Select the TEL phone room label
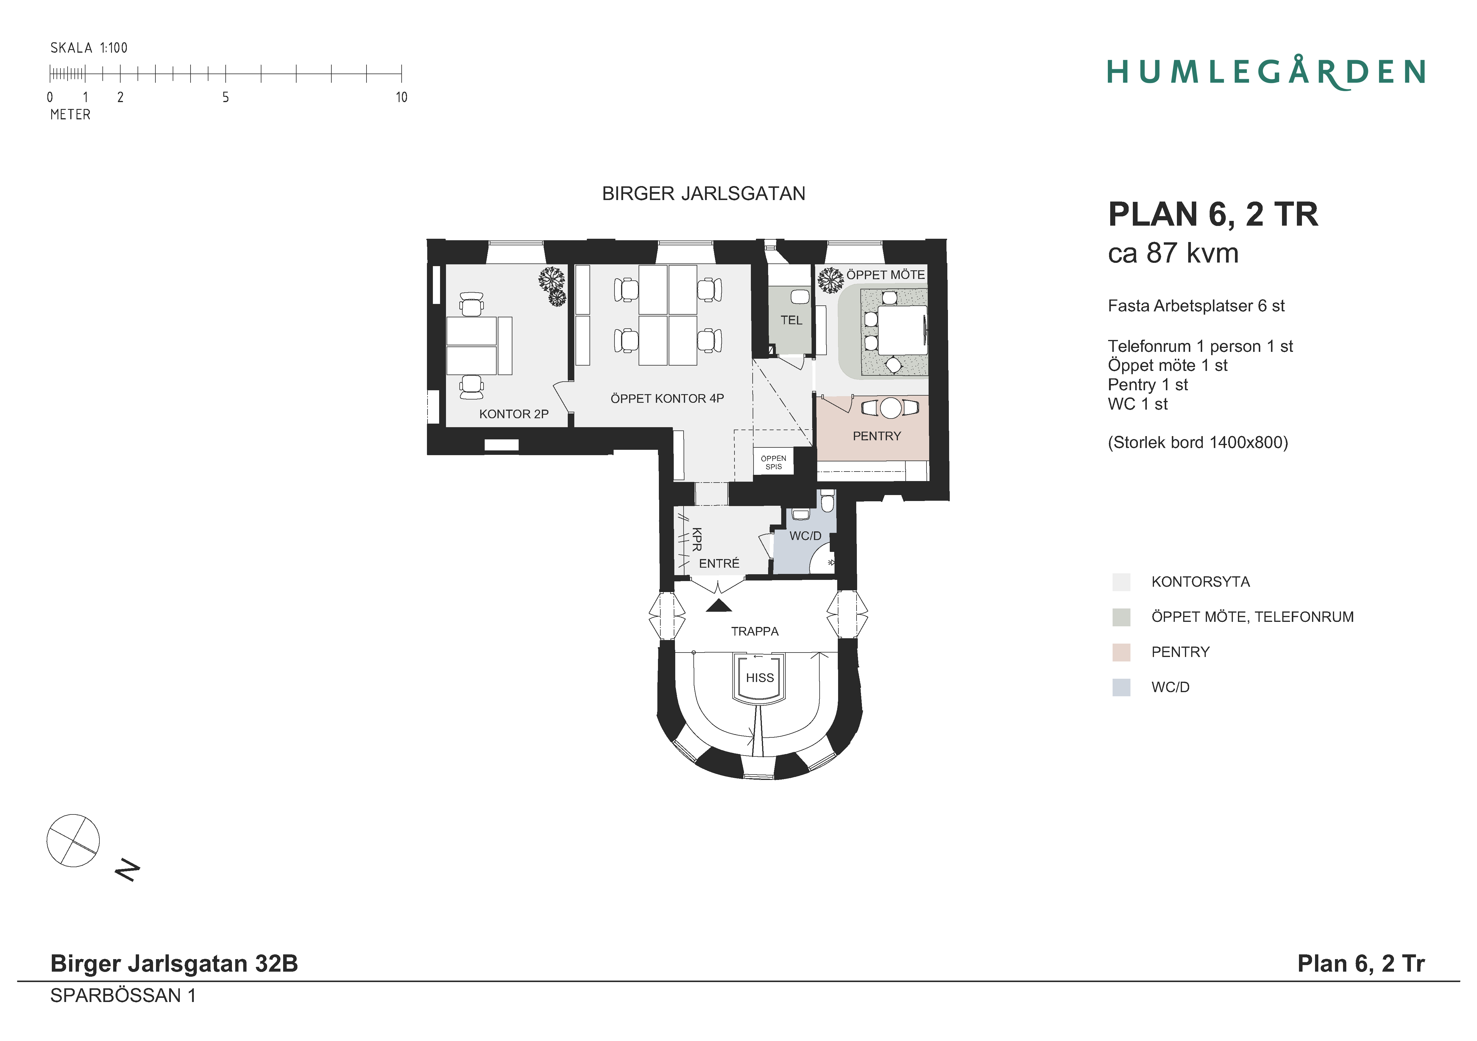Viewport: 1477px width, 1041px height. pos(791,320)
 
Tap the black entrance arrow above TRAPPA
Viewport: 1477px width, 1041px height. pos(719,605)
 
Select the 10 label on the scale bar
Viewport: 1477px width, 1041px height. pos(401,97)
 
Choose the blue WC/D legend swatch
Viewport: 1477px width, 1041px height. pos(1121,687)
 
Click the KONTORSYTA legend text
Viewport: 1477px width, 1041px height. pos(1200,582)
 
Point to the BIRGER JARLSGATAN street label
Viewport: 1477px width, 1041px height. pos(704,194)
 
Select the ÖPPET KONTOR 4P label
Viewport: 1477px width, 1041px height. pos(667,398)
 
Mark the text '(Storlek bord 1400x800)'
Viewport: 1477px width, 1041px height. pos(1198,443)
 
